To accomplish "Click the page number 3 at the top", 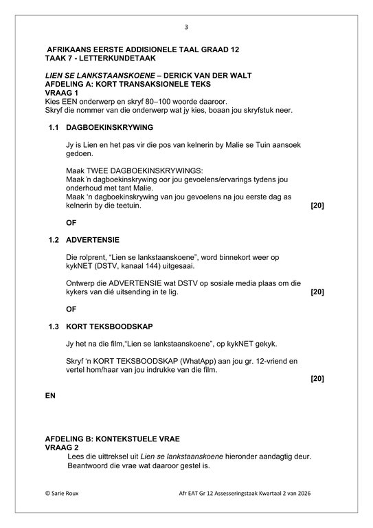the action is [x=186, y=27].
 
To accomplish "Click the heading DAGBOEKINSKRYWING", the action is [x=110, y=128].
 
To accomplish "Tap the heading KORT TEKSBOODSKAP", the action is [x=109, y=326].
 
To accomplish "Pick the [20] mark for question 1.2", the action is [x=317, y=291].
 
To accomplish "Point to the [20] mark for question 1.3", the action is [x=317, y=378].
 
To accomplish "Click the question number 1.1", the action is [x=54, y=128].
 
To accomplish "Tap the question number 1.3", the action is [x=54, y=326].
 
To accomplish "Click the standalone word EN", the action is [x=50, y=396].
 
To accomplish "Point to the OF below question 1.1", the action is [x=71, y=223].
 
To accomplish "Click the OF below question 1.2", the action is [x=71, y=309].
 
